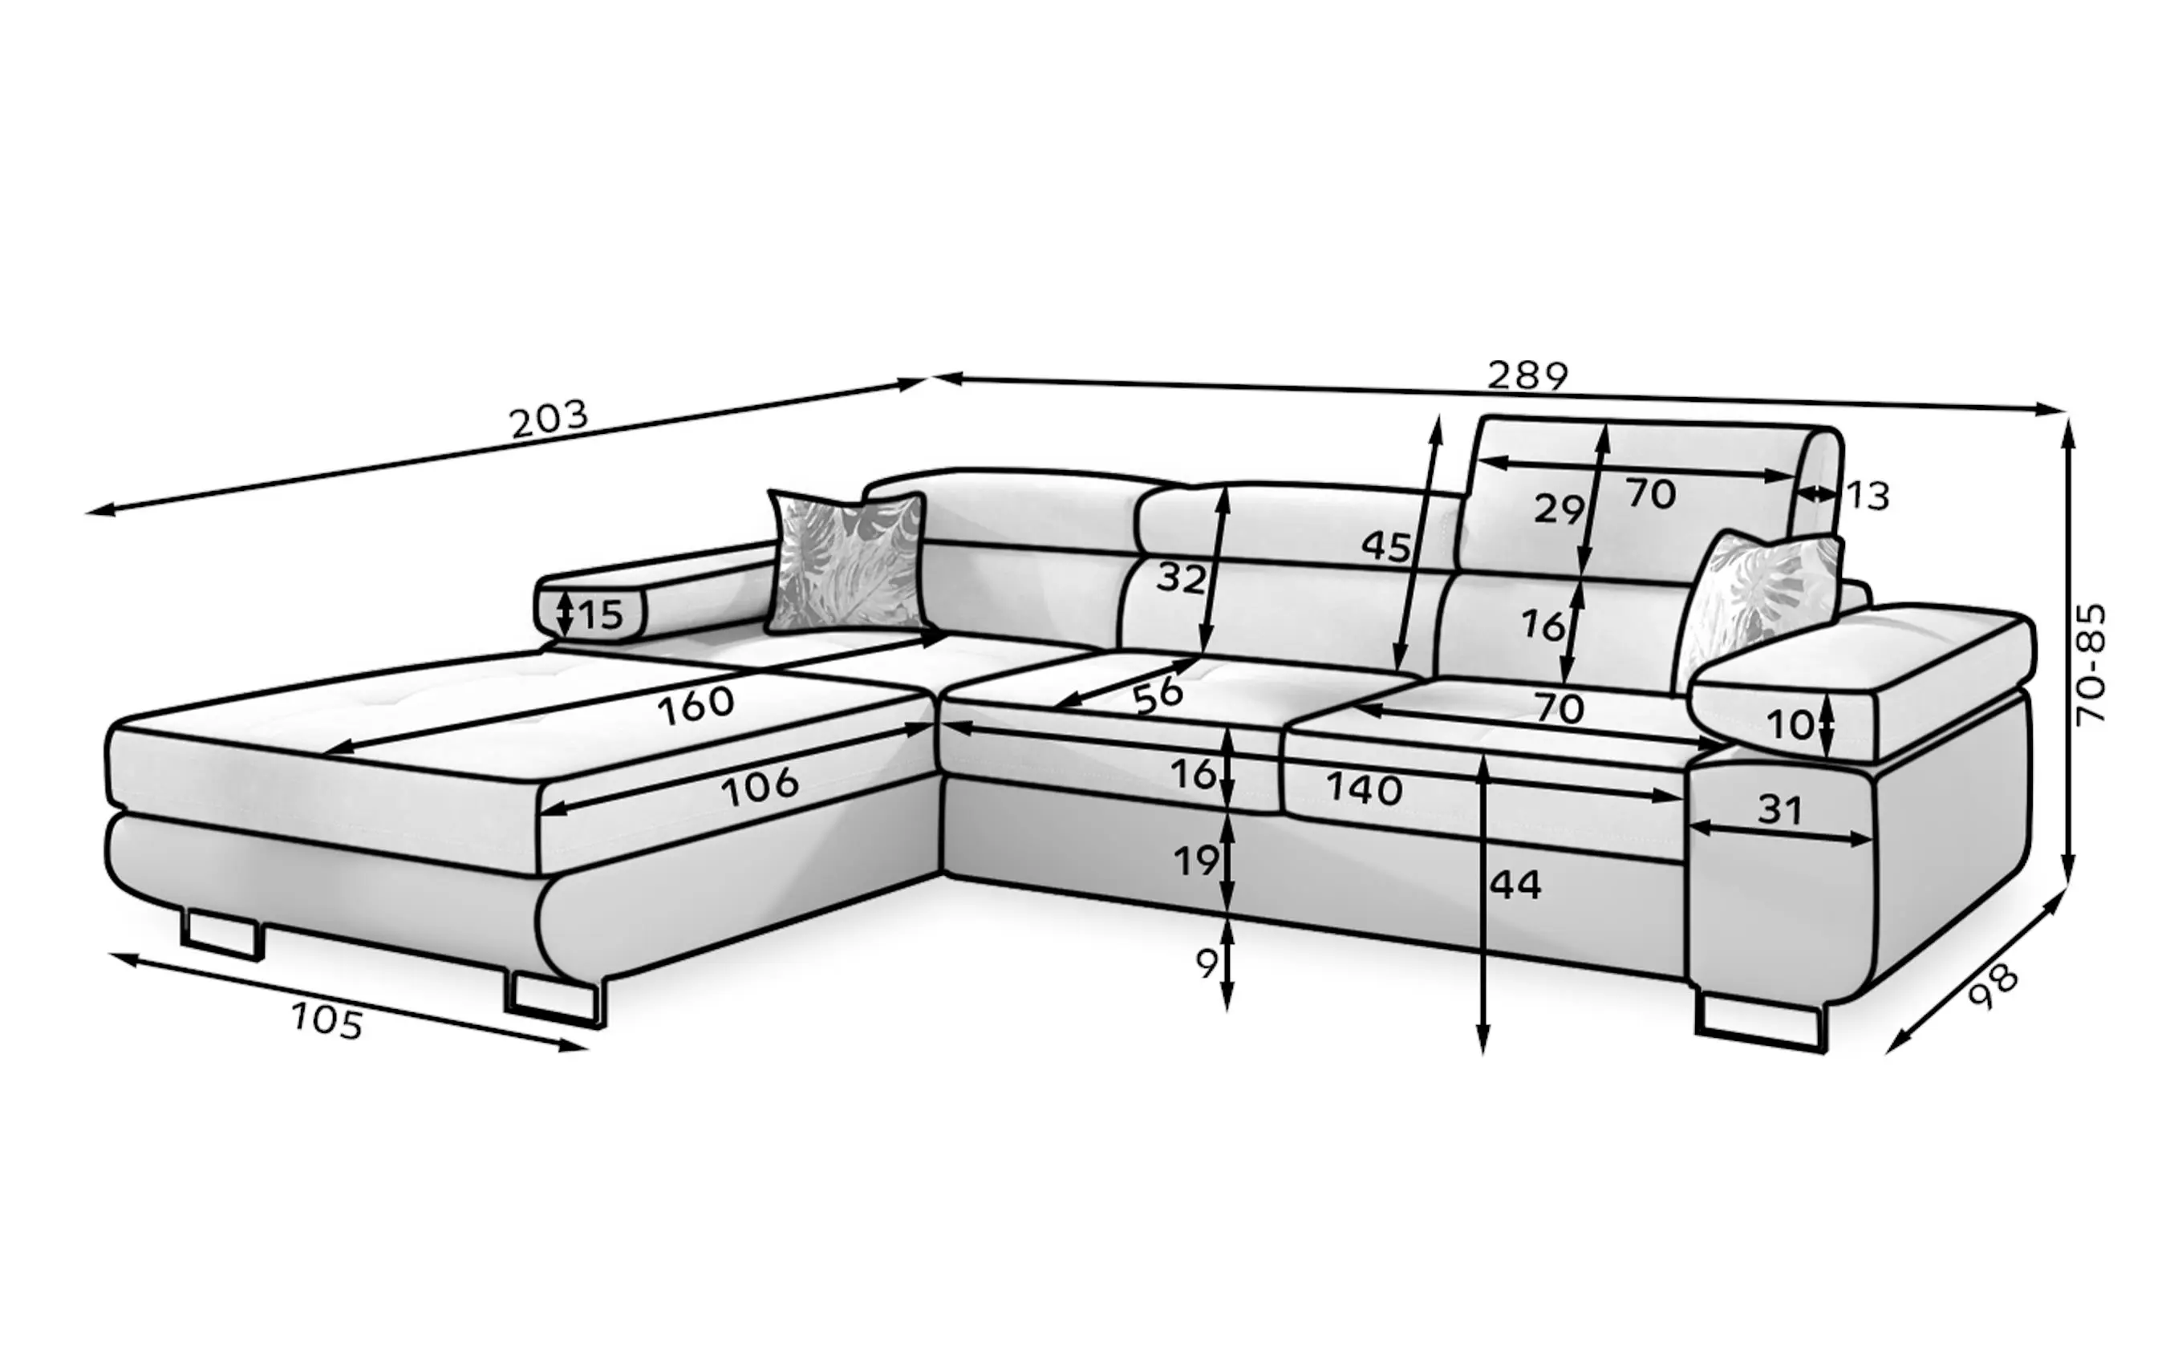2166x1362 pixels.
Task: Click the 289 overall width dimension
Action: tap(1527, 375)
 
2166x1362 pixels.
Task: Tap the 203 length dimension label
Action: tap(549, 420)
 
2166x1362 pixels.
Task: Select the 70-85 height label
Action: tap(2091, 664)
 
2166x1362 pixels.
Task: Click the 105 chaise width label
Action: tap(327, 1021)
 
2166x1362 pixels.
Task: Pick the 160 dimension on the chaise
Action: tap(696, 705)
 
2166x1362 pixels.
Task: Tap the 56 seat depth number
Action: tap(1158, 695)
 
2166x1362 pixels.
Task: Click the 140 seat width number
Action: tap(1364, 790)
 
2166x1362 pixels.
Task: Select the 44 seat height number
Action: tap(1515, 886)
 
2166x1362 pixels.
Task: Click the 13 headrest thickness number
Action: tap(1868, 497)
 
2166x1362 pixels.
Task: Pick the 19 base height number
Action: tap(1196, 861)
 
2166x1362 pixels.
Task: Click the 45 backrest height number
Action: tap(1386, 546)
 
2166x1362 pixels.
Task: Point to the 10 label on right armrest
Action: tap(1790, 725)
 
